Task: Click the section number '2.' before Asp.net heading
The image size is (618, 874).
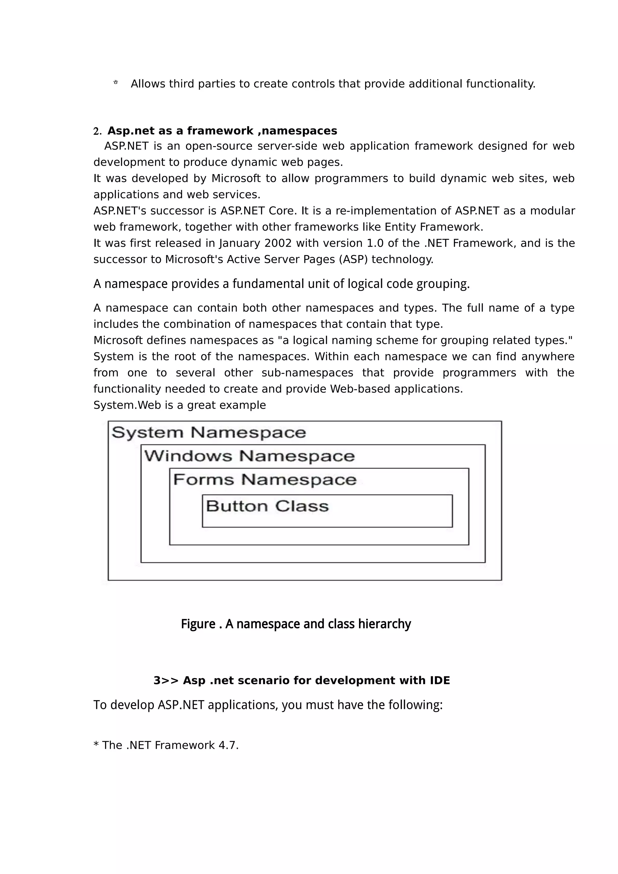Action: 97,132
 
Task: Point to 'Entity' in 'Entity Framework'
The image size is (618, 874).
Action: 400,227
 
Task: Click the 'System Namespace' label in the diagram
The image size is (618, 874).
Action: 209,433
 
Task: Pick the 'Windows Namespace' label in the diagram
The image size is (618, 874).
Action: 249,456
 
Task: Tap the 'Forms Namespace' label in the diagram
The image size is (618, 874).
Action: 264,480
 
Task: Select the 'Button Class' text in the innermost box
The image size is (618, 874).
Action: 267,506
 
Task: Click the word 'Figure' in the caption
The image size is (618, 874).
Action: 198,624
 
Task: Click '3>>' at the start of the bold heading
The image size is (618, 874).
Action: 166,681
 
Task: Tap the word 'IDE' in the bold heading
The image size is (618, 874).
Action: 440,681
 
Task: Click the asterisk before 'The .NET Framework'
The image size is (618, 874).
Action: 96,745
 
